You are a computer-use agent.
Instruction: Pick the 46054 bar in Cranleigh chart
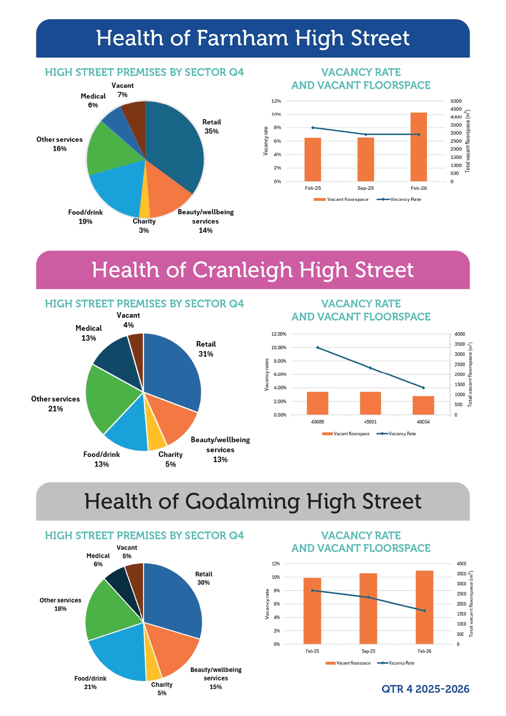(423, 405)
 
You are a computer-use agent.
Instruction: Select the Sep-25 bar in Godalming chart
(368, 608)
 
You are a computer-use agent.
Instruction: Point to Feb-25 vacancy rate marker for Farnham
(313, 128)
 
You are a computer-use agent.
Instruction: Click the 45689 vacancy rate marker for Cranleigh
(318, 348)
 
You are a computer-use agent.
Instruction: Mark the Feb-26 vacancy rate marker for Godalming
(424, 611)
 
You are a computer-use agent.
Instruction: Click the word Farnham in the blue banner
(242, 38)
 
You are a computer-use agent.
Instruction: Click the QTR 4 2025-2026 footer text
(425, 689)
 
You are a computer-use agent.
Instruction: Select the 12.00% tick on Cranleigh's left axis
(279, 334)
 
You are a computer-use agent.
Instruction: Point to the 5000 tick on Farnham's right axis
(456, 101)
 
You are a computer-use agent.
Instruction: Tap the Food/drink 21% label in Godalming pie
(90, 683)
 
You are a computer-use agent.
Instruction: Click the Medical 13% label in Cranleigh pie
(88, 333)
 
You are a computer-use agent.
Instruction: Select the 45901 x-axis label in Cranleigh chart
(370, 422)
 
